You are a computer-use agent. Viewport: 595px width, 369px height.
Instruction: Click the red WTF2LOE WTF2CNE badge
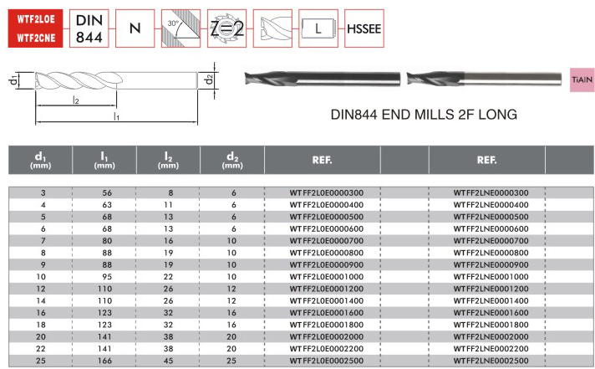click(x=35, y=28)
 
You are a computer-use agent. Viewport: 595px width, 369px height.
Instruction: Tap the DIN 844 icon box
click(x=89, y=28)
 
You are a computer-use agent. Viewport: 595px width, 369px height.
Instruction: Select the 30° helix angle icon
click(x=181, y=28)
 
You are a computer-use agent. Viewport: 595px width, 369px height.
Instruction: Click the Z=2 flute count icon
click(x=226, y=28)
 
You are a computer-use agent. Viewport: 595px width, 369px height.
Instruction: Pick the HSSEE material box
click(x=364, y=28)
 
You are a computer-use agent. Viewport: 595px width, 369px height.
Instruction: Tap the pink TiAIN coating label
click(x=582, y=79)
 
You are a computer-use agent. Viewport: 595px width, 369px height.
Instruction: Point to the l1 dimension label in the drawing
click(x=116, y=116)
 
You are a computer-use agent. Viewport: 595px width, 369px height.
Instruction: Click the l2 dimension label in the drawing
click(x=76, y=100)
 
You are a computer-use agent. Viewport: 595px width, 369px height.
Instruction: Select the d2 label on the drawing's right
click(x=208, y=79)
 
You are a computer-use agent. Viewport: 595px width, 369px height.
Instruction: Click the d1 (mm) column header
click(x=41, y=160)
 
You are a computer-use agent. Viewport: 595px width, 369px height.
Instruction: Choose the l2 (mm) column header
click(x=168, y=160)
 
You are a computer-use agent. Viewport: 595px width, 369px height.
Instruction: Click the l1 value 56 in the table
click(x=107, y=192)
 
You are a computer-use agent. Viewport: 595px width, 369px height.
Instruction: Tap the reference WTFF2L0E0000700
click(x=327, y=240)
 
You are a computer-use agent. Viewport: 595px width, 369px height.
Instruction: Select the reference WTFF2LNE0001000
click(x=491, y=277)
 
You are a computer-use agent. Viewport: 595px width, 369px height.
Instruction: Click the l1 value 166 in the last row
click(x=104, y=361)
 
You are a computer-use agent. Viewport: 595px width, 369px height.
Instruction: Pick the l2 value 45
click(x=168, y=361)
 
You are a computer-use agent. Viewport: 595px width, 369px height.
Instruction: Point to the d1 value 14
click(x=41, y=300)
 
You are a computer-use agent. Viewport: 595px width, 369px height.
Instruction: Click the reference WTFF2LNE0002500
click(x=491, y=361)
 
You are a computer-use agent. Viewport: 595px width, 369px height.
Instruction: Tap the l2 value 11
click(x=168, y=205)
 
